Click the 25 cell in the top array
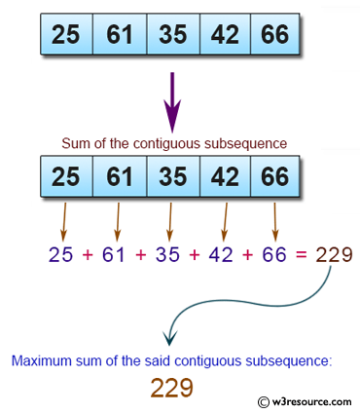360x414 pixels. (x=66, y=34)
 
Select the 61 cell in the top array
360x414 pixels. (x=119, y=34)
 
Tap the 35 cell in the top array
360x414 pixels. (x=171, y=34)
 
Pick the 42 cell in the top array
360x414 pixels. (x=224, y=34)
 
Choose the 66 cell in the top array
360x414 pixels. (x=276, y=34)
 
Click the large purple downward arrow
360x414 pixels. (x=172, y=100)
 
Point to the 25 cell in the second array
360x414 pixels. (x=66, y=178)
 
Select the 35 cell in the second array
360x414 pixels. (x=171, y=178)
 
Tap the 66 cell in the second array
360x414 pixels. (x=276, y=178)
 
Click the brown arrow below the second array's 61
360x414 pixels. (x=117, y=221)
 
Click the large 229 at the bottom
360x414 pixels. (x=171, y=388)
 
